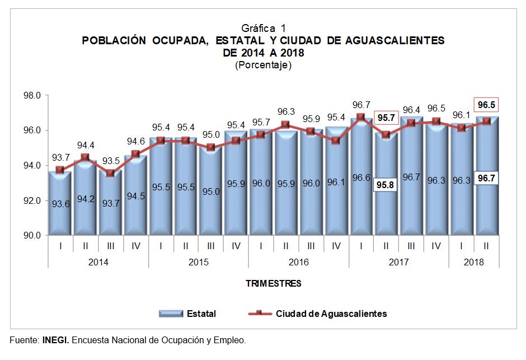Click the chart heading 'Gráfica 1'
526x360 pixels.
pos(263,28)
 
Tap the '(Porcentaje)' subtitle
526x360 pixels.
pos(263,65)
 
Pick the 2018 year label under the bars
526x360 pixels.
pos(474,261)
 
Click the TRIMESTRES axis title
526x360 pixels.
pos(273,283)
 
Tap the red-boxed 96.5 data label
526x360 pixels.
pos(486,105)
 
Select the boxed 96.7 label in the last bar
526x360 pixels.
pos(486,178)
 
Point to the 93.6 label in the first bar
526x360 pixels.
pos(60,204)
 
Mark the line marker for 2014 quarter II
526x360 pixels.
pos(85,158)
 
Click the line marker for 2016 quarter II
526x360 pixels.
pos(285,125)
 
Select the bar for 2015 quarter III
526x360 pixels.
pos(210,190)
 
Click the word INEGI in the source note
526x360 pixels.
pos(55,340)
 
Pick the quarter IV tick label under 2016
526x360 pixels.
pos(336,245)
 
